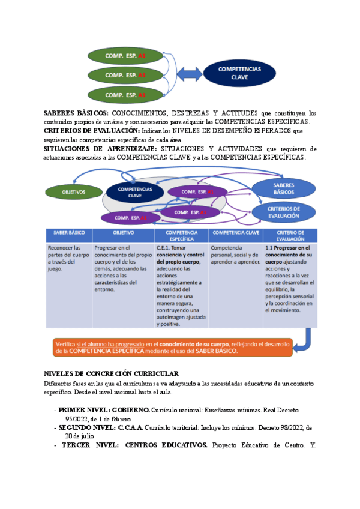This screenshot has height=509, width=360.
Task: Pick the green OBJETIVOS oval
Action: pyautogui.click(x=74, y=193)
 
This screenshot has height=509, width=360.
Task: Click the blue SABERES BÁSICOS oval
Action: pyautogui.click(x=283, y=188)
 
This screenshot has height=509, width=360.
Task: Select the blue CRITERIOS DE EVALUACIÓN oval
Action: pyautogui.click(x=283, y=212)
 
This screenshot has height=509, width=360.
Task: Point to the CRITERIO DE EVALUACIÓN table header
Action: pyautogui.click(x=290, y=235)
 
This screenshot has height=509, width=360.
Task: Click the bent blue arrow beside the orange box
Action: pyautogui.click(x=305, y=340)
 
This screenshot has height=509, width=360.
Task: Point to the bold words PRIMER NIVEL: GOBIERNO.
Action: pyautogui.click(x=104, y=410)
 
